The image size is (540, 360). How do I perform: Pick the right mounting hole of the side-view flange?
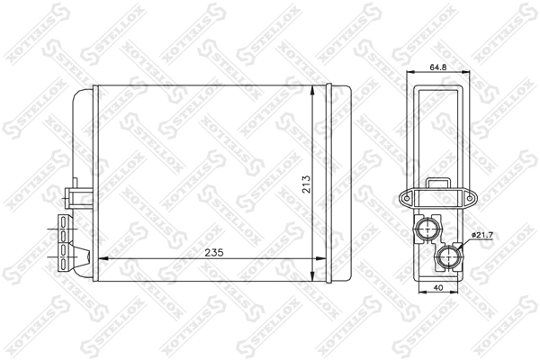coord(470,199)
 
